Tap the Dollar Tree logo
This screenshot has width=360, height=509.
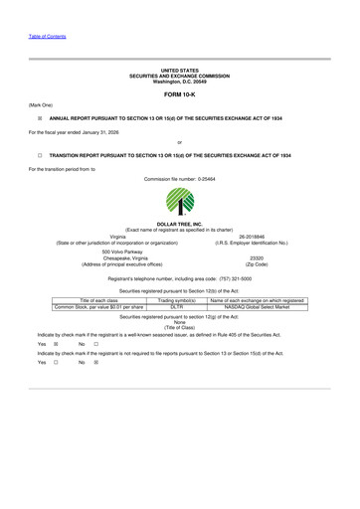(x=180, y=202)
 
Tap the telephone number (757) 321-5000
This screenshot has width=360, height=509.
(x=231, y=281)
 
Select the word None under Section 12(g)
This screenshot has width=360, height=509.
(x=180, y=321)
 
